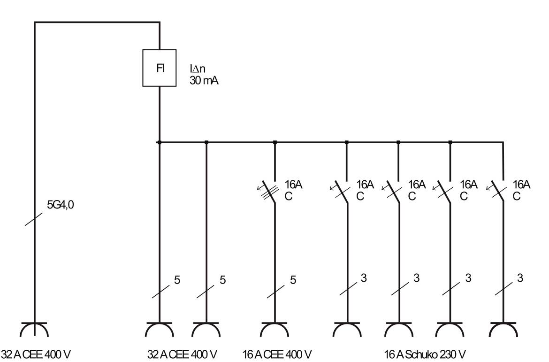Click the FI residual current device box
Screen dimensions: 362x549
[160, 68]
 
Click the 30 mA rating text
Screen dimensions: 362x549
[204, 80]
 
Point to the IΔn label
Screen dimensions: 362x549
[198, 69]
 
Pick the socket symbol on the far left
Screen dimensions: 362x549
[34, 329]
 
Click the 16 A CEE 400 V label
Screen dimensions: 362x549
[277, 354]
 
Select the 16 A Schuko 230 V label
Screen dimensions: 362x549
[425, 354]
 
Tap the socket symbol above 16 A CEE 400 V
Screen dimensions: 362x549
[275, 329]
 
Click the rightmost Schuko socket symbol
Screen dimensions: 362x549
[503, 329]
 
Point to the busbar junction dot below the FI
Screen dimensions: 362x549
[160, 142]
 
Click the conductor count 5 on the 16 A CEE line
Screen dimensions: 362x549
[293, 280]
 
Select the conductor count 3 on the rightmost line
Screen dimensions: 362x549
[519, 278]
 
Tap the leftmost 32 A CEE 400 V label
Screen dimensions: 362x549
[36, 354]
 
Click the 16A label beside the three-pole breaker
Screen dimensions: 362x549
[294, 185]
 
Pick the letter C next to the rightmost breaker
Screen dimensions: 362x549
[516, 197]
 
